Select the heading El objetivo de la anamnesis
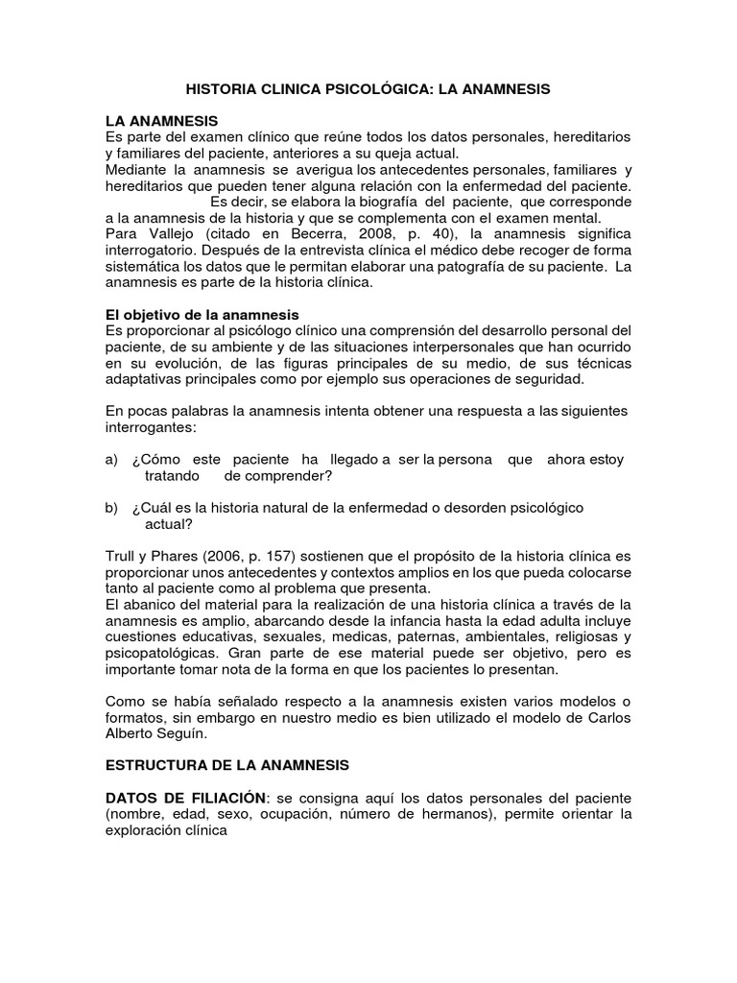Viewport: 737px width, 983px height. click(202, 315)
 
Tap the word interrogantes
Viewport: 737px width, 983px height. click(152, 427)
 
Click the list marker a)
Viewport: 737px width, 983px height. click(111, 460)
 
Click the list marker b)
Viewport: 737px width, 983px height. click(111, 508)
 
